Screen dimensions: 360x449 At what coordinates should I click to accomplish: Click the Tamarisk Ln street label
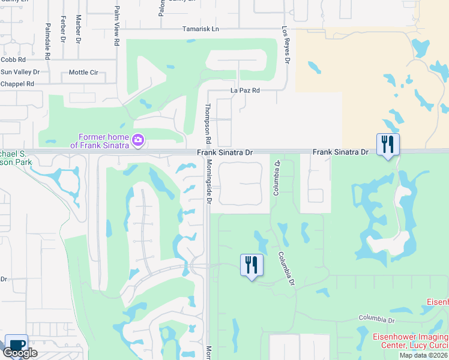pyautogui.click(x=202, y=29)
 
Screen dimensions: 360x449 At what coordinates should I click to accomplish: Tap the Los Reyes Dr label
pyautogui.click(x=286, y=46)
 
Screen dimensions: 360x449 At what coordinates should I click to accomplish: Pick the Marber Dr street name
pyautogui.click(x=78, y=29)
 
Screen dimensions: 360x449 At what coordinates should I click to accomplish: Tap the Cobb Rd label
pyautogui.click(x=13, y=60)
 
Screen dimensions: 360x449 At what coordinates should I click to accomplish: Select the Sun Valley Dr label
pyautogui.click(x=20, y=72)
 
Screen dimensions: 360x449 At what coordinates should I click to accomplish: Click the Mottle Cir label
pyautogui.click(x=83, y=73)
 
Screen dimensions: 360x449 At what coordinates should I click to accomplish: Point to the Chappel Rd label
pyautogui.click(x=17, y=84)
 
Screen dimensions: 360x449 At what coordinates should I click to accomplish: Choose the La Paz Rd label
pyautogui.click(x=245, y=91)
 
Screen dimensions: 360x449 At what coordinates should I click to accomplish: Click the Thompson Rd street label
pyautogui.click(x=208, y=123)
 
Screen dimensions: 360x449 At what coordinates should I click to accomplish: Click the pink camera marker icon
pyautogui.click(x=138, y=140)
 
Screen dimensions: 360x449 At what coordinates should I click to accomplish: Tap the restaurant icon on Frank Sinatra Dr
pyautogui.click(x=388, y=145)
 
